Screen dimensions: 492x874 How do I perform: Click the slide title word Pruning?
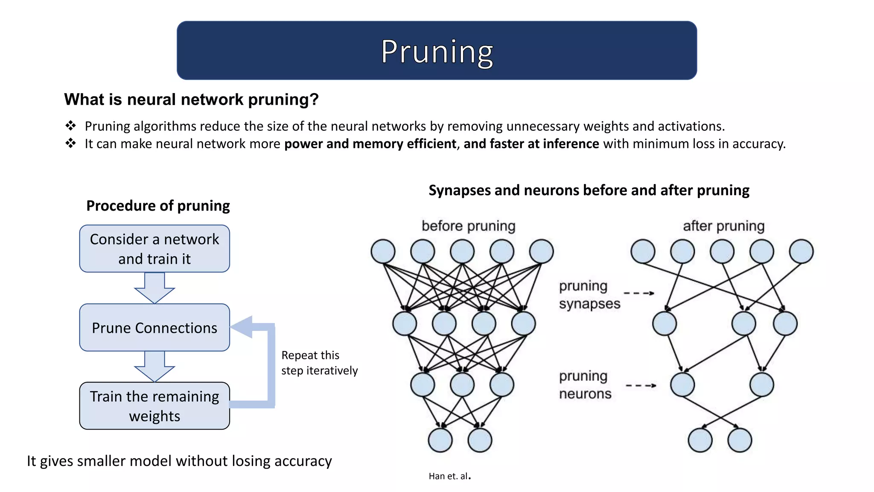tap(437, 52)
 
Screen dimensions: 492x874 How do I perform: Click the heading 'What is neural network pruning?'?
tap(191, 100)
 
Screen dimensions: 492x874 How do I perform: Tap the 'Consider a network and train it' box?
tap(154, 249)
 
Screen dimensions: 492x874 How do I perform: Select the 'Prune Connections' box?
tap(154, 328)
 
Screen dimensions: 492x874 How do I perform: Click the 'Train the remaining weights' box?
tap(154, 406)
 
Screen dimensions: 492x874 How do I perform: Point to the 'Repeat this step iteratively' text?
tap(319, 363)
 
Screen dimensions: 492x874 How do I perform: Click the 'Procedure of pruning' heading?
tap(158, 206)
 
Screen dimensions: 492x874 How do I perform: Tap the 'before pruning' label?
tap(468, 226)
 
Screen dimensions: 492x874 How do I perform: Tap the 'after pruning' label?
tap(723, 226)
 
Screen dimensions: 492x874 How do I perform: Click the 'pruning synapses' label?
tap(589, 295)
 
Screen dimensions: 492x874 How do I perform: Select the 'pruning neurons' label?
tap(585, 384)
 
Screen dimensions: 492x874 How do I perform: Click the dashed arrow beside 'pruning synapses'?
tap(639, 293)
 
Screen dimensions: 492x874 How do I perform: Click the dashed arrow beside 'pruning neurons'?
tap(641, 386)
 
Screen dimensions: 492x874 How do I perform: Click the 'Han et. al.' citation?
tap(449, 476)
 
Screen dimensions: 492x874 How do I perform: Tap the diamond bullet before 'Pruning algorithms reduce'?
tap(71, 126)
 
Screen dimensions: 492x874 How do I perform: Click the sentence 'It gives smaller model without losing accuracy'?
tap(179, 461)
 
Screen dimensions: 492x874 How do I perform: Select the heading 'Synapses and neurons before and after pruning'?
tap(589, 190)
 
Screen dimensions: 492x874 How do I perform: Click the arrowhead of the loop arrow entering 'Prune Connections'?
tap(242, 327)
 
